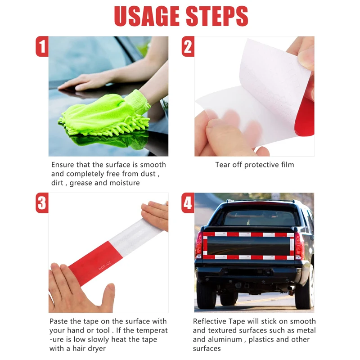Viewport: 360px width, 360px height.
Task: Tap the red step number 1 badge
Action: pos(42,46)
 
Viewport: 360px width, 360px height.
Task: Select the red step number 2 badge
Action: pos(188,46)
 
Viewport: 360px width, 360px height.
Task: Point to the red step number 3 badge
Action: pos(42,203)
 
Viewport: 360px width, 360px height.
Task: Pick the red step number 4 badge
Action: pos(188,203)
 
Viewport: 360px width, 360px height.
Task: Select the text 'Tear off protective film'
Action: pos(254,165)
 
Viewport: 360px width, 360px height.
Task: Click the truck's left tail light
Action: pos(198,245)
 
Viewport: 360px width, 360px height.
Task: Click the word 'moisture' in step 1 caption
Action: pos(124,183)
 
